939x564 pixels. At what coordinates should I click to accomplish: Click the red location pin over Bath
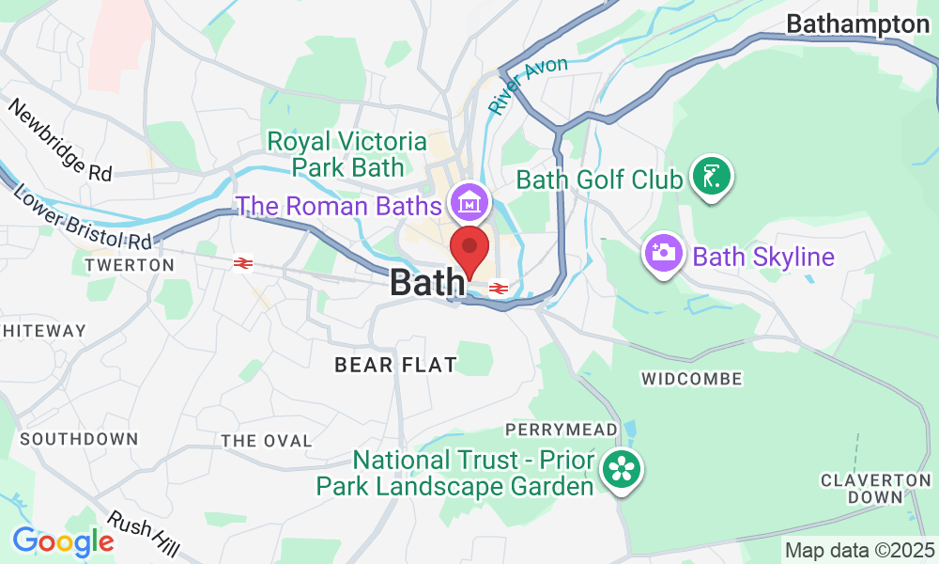click(470, 249)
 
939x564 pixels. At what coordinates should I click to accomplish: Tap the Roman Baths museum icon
click(468, 200)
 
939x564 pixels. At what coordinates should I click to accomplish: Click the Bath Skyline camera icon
click(663, 253)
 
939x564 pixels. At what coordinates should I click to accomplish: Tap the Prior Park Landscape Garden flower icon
click(621, 468)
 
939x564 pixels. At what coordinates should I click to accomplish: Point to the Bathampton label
click(857, 24)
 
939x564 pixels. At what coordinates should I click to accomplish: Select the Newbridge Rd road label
click(60, 140)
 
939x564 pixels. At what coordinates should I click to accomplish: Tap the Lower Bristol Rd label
click(83, 213)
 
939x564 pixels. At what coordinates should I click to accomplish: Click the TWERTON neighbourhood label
click(130, 266)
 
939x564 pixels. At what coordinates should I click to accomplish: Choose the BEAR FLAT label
click(395, 365)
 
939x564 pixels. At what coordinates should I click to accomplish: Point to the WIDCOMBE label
click(691, 379)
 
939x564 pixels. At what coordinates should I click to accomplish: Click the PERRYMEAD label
click(562, 430)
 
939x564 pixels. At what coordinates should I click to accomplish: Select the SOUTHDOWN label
click(79, 439)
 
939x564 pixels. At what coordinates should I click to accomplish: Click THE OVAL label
click(266, 441)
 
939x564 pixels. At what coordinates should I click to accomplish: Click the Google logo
click(63, 541)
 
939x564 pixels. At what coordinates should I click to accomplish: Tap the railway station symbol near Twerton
click(243, 264)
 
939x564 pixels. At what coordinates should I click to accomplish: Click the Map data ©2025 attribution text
click(859, 550)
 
